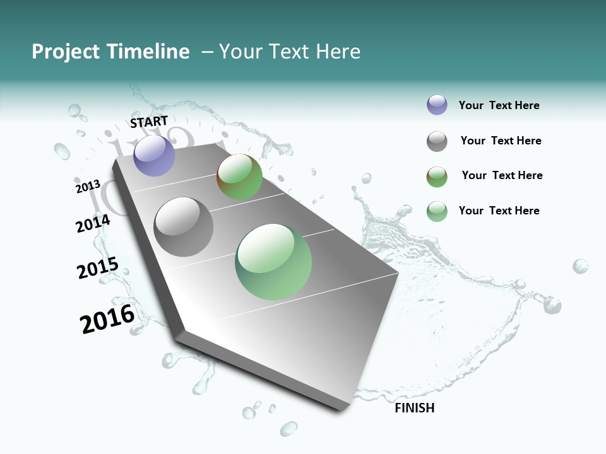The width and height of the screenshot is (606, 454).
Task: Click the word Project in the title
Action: [x=65, y=52]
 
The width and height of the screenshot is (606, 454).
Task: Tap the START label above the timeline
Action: [x=149, y=122]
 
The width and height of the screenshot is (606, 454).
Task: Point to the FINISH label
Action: [x=414, y=408]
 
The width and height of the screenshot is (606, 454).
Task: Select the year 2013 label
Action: [x=88, y=187]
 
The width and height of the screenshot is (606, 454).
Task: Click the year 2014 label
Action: [x=93, y=223]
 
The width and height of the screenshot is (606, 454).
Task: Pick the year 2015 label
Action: [x=97, y=267]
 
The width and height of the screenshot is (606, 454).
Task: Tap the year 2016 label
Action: [x=107, y=319]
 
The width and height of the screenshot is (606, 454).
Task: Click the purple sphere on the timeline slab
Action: [x=154, y=155]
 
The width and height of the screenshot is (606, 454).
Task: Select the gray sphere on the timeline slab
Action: [x=184, y=226]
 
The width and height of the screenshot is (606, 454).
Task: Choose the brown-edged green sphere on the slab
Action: [x=239, y=177]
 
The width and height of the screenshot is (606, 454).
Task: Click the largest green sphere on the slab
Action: [x=273, y=262]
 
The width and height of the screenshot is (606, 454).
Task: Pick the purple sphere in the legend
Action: [x=437, y=105]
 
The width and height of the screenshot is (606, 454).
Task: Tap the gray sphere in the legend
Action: [x=437, y=141]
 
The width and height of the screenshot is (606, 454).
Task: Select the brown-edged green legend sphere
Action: [x=437, y=177]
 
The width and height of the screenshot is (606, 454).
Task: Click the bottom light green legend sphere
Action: [x=437, y=211]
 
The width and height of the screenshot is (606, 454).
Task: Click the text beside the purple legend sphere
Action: [x=499, y=105]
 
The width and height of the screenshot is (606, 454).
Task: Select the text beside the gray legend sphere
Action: [x=501, y=141]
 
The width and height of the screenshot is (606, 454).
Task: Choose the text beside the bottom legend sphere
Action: [x=499, y=211]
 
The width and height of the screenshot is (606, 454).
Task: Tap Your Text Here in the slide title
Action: [x=289, y=52]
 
